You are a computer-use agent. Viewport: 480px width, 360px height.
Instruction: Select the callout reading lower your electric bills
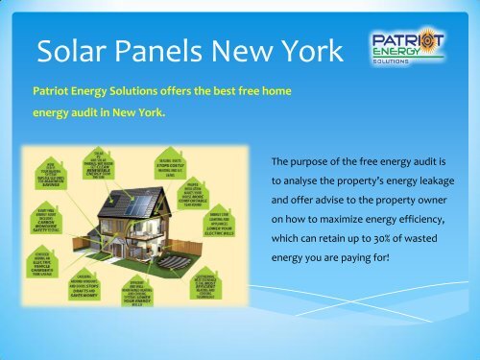[x=217, y=228]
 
